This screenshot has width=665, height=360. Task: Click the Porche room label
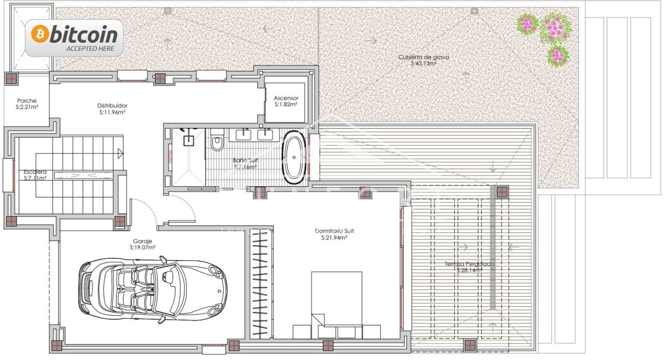(27, 101)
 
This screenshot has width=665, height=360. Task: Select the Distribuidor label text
(112, 105)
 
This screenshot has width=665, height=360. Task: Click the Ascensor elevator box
(286, 101)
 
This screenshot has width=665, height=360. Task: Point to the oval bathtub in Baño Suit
(294, 158)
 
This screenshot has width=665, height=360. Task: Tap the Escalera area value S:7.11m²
(36, 178)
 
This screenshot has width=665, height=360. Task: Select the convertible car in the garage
(153, 287)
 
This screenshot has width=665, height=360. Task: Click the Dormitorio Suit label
(334, 231)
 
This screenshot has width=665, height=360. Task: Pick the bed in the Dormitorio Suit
(337, 304)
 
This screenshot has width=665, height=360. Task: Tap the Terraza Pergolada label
(469, 264)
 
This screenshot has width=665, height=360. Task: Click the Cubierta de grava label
(424, 57)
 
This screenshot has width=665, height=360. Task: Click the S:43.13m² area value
(424, 63)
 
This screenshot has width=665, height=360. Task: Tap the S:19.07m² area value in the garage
(143, 247)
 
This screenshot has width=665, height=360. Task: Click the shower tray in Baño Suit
(187, 157)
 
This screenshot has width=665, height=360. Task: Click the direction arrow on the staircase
(120, 153)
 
